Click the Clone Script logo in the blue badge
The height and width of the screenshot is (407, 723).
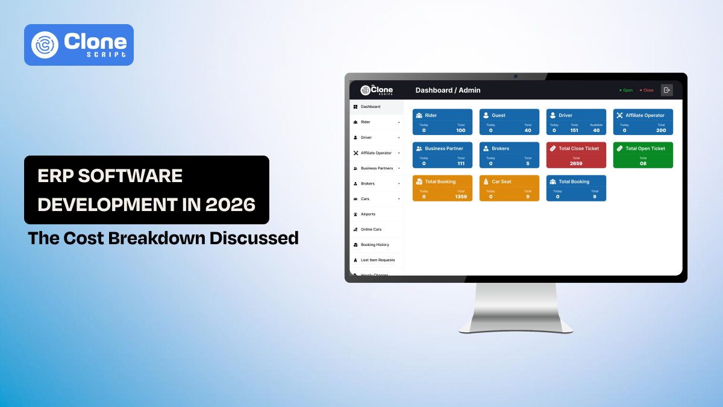(79, 45)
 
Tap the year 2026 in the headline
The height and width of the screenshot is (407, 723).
(230, 204)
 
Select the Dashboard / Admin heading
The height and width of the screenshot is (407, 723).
(448, 90)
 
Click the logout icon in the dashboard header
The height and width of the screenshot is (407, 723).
(666, 90)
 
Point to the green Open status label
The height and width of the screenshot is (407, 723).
(627, 90)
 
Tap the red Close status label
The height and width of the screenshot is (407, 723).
(648, 90)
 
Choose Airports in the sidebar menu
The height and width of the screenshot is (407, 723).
(368, 214)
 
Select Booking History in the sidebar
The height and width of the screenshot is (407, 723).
(374, 245)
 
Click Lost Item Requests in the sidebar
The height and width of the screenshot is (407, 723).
(377, 260)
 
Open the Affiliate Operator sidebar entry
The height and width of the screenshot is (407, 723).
(376, 153)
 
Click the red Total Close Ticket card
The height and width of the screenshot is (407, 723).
(576, 155)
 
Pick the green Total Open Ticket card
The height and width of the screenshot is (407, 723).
(643, 155)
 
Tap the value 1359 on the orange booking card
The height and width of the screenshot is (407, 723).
(461, 197)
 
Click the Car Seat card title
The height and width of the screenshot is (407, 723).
(501, 181)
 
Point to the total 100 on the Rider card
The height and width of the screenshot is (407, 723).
(461, 130)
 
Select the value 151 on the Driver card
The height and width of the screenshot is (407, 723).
(574, 130)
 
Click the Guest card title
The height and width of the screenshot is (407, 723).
(498, 115)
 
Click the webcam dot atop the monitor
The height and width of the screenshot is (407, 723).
(516, 77)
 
